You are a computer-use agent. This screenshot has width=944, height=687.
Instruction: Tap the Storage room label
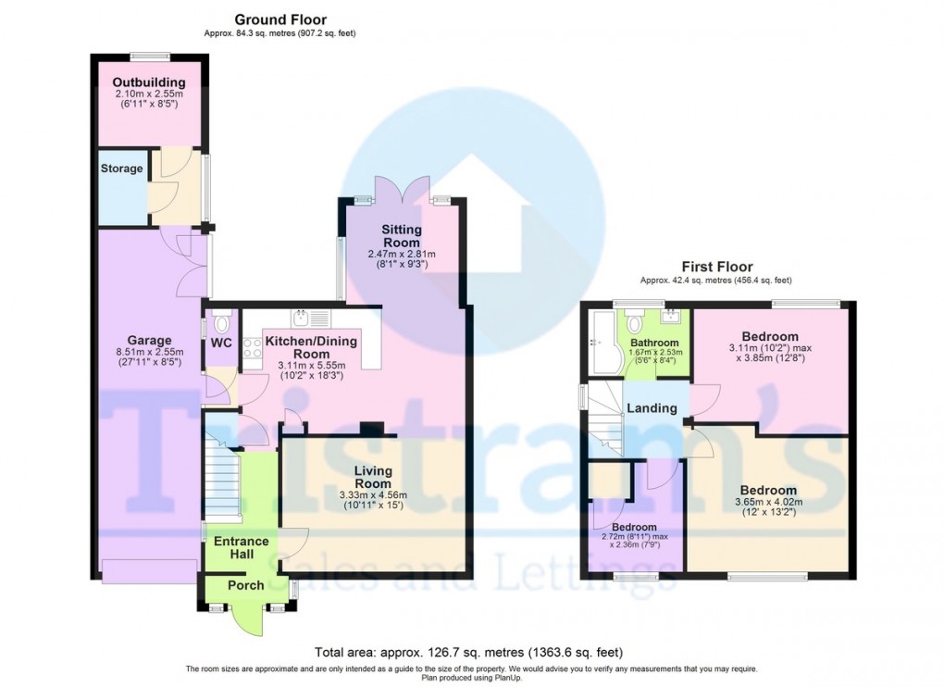(122, 169)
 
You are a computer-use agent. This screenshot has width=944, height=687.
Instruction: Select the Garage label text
(150, 340)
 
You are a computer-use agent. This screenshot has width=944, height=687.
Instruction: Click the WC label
(220, 343)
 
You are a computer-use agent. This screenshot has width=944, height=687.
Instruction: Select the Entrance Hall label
(241, 548)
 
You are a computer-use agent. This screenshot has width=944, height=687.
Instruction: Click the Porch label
(245, 585)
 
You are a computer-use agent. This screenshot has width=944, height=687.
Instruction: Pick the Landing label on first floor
(652, 408)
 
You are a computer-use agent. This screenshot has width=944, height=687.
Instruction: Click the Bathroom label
(654, 343)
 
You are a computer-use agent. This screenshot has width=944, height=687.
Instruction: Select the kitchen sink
(302, 319)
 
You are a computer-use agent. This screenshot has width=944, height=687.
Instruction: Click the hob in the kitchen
(251, 350)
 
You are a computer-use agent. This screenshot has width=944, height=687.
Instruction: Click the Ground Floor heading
(279, 19)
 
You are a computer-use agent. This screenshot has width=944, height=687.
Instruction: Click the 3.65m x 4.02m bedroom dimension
(767, 504)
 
